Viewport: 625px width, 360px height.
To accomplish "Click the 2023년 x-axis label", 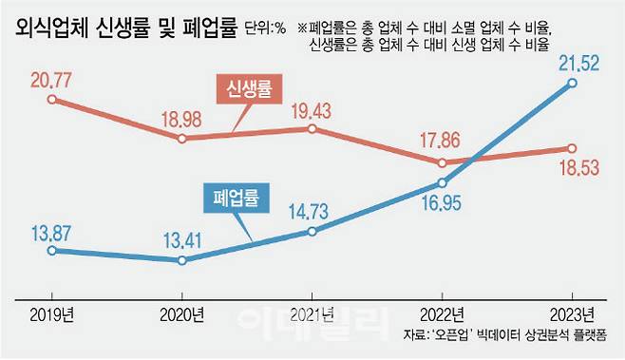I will pyautogui.click(x=573, y=313).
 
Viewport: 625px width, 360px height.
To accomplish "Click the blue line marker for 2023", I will pyautogui.click(x=572, y=83).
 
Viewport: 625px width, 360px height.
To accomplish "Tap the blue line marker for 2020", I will pyautogui.click(x=182, y=259).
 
